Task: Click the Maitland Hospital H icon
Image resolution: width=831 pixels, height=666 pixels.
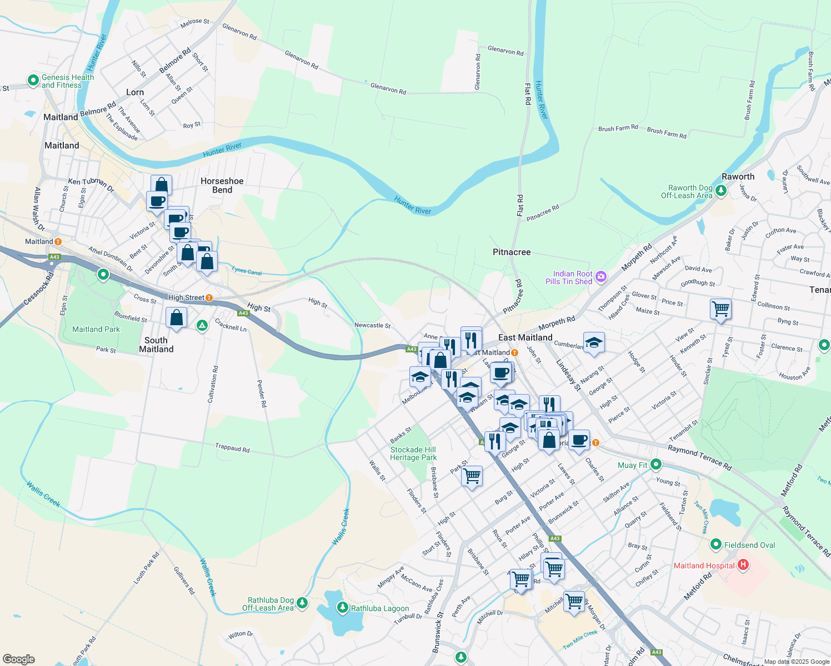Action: [x=743, y=565]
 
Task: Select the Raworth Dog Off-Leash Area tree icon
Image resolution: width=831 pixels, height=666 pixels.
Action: [x=720, y=191]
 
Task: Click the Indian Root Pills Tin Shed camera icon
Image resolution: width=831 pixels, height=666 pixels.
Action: [x=600, y=276]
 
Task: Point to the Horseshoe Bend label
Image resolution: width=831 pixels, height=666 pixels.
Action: [x=222, y=185]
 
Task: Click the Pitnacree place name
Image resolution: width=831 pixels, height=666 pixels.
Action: [x=512, y=252]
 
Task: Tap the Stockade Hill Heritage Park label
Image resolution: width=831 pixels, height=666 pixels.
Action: [x=413, y=453]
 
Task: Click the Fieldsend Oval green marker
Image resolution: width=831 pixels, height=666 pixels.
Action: [x=715, y=544]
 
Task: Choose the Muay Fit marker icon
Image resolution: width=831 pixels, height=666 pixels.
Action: [x=656, y=464]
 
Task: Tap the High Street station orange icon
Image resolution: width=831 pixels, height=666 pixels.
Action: [x=209, y=298]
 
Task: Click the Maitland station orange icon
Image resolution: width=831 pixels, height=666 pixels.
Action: [x=58, y=241]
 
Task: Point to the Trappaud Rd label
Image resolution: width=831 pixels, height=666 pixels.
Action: [x=232, y=448]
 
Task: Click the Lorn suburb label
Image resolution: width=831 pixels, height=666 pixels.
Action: [x=135, y=92]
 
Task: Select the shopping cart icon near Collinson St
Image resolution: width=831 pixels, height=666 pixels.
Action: [x=720, y=308]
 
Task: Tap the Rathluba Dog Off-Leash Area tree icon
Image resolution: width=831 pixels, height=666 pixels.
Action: [x=302, y=603]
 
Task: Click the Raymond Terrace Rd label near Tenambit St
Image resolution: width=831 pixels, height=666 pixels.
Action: [x=699, y=457]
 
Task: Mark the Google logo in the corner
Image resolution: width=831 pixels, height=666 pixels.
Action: [x=19, y=659]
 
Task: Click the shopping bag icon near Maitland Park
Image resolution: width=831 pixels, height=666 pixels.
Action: [x=176, y=318]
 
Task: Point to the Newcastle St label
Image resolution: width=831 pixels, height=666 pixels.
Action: [x=372, y=326]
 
